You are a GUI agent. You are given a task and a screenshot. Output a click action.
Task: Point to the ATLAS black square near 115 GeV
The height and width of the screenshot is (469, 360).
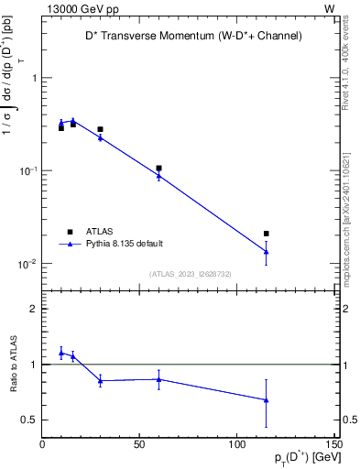point(267,234)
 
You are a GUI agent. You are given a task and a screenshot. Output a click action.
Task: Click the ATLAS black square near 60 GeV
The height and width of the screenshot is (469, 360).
point(158,169)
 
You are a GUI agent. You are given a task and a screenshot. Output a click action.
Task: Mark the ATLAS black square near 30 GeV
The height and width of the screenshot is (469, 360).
point(100,129)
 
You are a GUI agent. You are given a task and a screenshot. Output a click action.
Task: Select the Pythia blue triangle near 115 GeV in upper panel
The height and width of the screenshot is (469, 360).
point(267,251)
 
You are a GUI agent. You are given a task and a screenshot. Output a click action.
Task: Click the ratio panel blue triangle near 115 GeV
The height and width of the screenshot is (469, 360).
point(267,399)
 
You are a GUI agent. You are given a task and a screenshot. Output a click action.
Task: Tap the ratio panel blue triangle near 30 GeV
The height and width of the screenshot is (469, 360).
point(100,380)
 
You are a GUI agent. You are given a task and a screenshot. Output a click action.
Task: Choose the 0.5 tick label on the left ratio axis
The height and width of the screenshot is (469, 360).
point(29,420)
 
